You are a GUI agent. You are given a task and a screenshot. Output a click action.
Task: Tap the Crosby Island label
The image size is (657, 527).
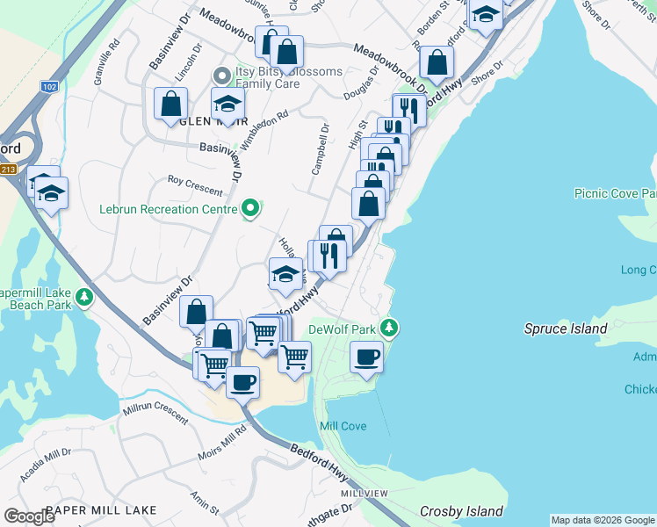(x=461, y=511)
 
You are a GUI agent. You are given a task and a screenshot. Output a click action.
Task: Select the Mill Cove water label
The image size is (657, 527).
(x=343, y=426)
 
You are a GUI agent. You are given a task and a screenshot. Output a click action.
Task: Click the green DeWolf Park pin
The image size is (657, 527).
(x=391, y=329)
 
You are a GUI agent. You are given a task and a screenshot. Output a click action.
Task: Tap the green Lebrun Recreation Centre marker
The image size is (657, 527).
(x=250, y=209)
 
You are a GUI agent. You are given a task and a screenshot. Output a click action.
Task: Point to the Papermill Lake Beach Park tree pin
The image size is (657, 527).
(x=84, y=297)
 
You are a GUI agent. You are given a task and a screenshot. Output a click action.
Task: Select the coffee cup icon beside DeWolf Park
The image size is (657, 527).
(x=366, y=357)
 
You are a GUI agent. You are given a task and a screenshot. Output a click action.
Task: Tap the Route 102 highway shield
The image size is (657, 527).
(x=49, y=86)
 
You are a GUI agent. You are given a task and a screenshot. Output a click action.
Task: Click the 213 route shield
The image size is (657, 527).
(x=8, y=170)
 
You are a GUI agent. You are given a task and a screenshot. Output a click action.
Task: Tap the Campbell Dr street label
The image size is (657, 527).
(x=320, y=148)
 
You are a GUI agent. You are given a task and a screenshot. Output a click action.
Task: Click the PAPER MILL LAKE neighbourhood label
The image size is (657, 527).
(x=101, y=509)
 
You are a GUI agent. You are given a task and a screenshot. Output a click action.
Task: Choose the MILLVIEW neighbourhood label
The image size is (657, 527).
(x=364, y=494)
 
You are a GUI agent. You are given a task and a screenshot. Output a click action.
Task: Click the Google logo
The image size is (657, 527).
(x=30, y=516)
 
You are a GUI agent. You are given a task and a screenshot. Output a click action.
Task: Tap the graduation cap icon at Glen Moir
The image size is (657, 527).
(x=227, y=104)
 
